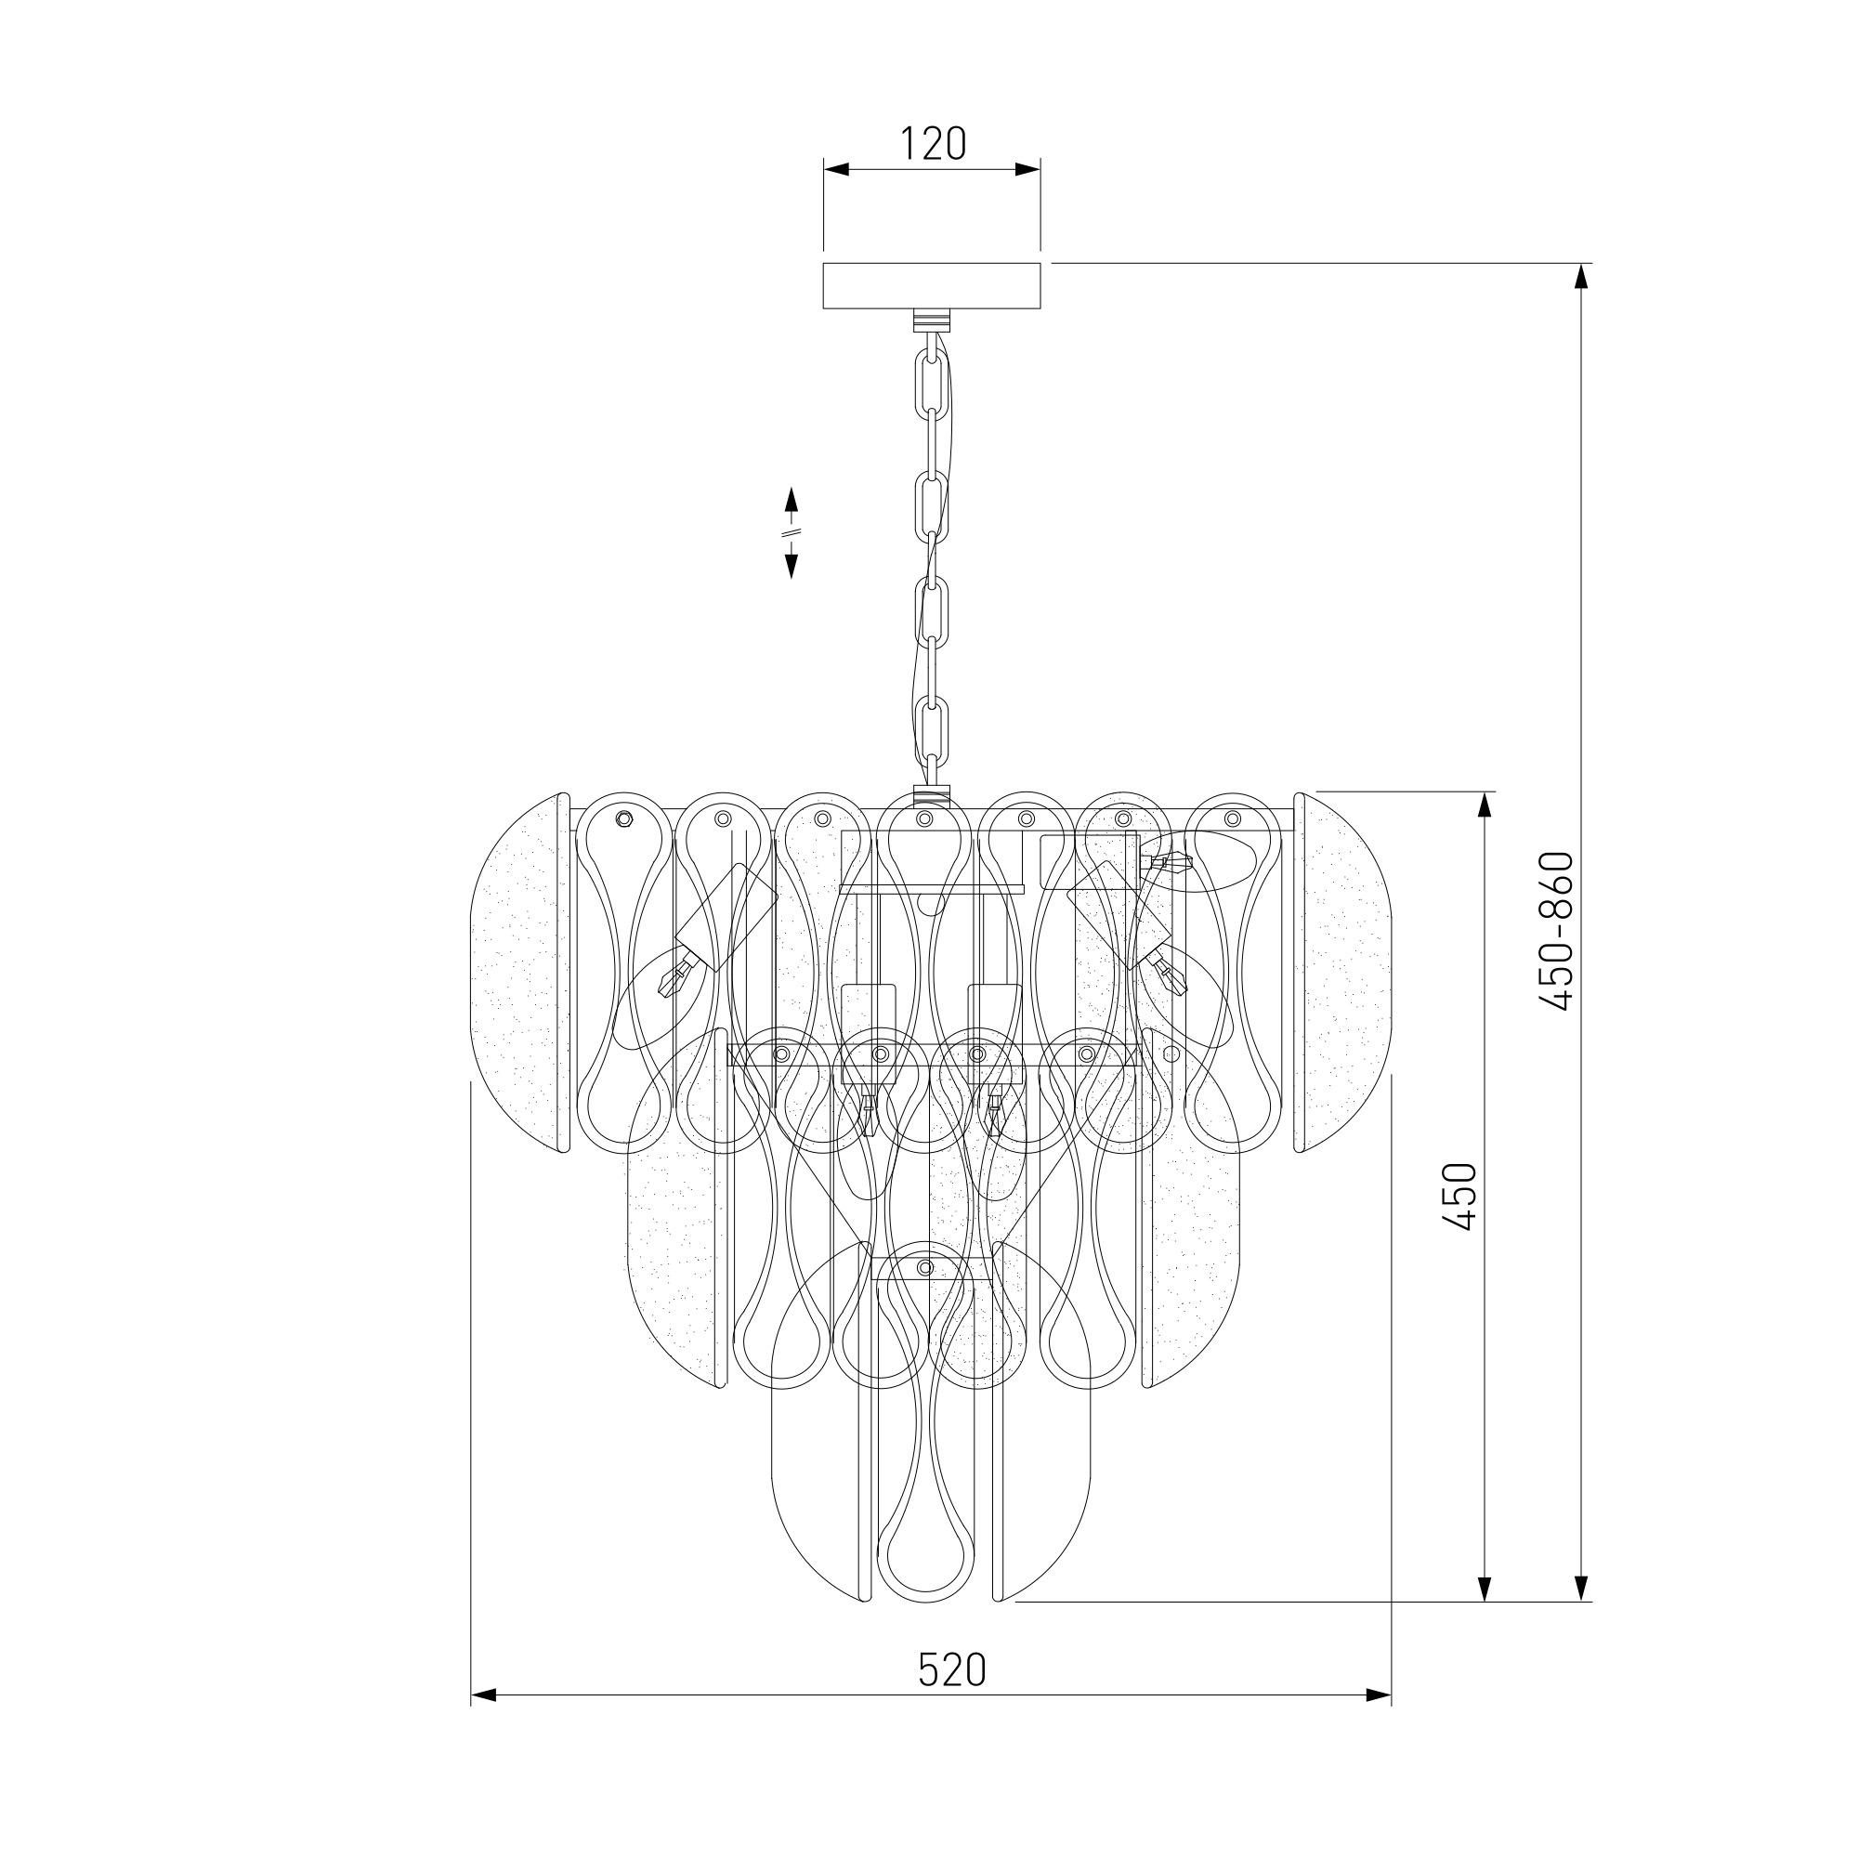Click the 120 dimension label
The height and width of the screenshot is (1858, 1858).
coord(932,143)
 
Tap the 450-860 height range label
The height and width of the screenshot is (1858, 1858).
coord(1555,932)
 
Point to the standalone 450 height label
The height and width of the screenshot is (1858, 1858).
coord(1459,1197)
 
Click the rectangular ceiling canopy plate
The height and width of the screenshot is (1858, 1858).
coord(932,285)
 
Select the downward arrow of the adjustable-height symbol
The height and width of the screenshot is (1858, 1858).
coord(792,564)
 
